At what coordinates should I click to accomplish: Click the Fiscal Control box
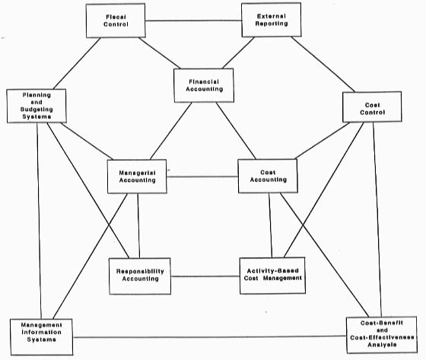(116, 21)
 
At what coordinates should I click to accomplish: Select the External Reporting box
(271, 20)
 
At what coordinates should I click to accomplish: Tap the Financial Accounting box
(204, 85)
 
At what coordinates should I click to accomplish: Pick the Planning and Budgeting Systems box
(37, 106)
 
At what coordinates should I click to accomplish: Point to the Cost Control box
(372, 107)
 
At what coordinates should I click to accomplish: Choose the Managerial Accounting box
(137, 177)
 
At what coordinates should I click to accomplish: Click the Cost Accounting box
(268, 176)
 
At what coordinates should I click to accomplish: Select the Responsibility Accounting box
(140, 276)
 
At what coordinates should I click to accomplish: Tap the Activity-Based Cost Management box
(272, 276)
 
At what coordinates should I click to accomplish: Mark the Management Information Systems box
(41, 337)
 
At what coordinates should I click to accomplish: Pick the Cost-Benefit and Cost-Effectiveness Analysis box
(382, 335)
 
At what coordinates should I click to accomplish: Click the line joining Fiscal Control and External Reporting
(193, 21)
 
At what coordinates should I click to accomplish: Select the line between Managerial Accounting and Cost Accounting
(202, 177)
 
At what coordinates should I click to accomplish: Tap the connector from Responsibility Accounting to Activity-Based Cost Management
(205, 276)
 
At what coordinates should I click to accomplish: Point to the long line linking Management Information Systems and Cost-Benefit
(209, 336)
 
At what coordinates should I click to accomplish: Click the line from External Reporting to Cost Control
(323, 64)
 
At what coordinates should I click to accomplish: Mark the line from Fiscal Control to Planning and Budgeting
(77, 63)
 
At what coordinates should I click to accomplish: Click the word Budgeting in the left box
(37, 110)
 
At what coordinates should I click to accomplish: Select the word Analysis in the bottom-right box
(382, 345)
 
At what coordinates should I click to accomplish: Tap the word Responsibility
(140, 271)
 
